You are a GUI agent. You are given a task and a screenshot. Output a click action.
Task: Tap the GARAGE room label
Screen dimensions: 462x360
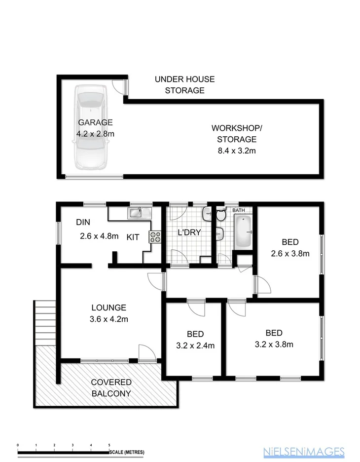95,122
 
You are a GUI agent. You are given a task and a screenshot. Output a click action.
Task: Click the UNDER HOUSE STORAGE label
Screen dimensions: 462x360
184,84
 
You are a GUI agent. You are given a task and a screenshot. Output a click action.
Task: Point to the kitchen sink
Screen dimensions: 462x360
139,213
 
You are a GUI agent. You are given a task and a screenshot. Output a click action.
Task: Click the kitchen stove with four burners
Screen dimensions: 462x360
155,237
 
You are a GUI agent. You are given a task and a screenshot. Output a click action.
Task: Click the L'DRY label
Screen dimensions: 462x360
189,231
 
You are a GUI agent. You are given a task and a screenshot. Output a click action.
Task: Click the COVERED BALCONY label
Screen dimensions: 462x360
111,387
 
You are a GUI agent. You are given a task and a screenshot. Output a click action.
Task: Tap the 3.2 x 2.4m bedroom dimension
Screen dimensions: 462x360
195,346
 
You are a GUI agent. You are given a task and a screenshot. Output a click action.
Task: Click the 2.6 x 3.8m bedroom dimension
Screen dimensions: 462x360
290,254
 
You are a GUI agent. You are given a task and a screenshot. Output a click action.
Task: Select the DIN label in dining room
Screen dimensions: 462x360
82,222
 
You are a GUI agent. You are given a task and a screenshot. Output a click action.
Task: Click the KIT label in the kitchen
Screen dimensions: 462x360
133,237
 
